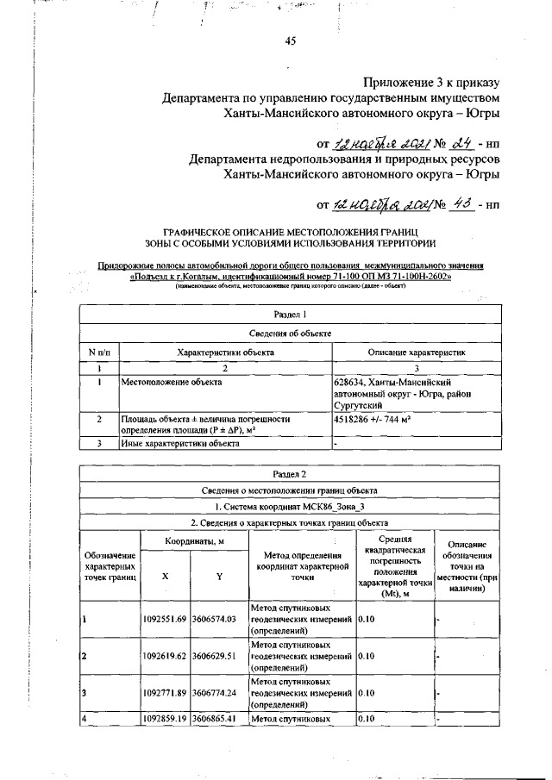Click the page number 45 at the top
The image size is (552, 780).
coord(291,47)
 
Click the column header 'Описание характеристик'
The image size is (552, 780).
coord(417,353)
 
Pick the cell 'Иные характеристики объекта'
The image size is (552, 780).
coord(180,444)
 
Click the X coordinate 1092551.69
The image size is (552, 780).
coord(166,619)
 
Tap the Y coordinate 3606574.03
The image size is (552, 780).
coord(219,619)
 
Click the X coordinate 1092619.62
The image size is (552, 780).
coord(166,656)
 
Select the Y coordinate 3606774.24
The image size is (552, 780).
coord(219,692)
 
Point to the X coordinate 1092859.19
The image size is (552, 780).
coord(166,717)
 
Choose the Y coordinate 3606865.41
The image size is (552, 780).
coord(219,717)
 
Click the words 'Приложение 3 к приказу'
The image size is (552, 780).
coord(430,83)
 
